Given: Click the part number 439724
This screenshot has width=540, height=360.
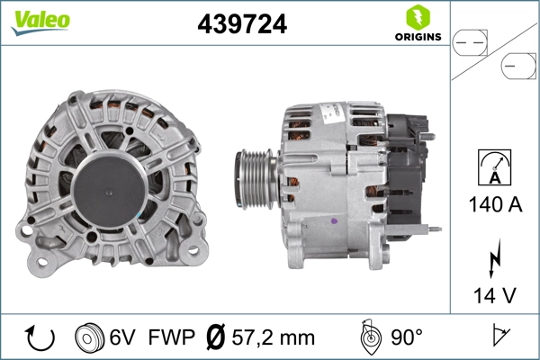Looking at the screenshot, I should [241, 25].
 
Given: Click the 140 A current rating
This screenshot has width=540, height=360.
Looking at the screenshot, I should [494, 205].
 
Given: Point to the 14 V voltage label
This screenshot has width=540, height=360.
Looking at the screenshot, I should [494, 295].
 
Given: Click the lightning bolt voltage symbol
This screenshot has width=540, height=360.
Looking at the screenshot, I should [494, 258].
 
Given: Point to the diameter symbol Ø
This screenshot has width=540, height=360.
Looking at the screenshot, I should [216, 338].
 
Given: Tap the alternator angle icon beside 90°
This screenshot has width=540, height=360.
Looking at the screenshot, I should [370, 337].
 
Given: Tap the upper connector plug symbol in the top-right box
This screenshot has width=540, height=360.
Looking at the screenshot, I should [468, 40].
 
